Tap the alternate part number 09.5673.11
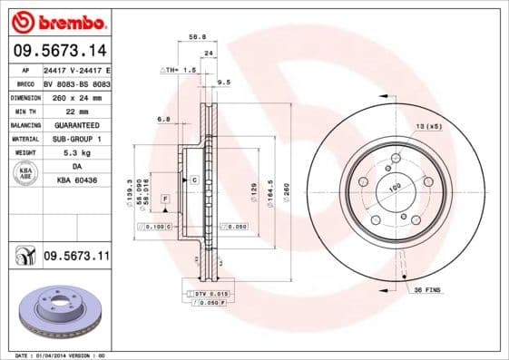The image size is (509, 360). click(x=76, y=258)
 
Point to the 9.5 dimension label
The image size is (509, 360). click(x=224, y=83)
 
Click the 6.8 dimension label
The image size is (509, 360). click(x=164, y=119)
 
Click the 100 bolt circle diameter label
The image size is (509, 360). click(x=395, y=189)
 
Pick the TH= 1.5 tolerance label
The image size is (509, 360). click(x=179, y=69)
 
